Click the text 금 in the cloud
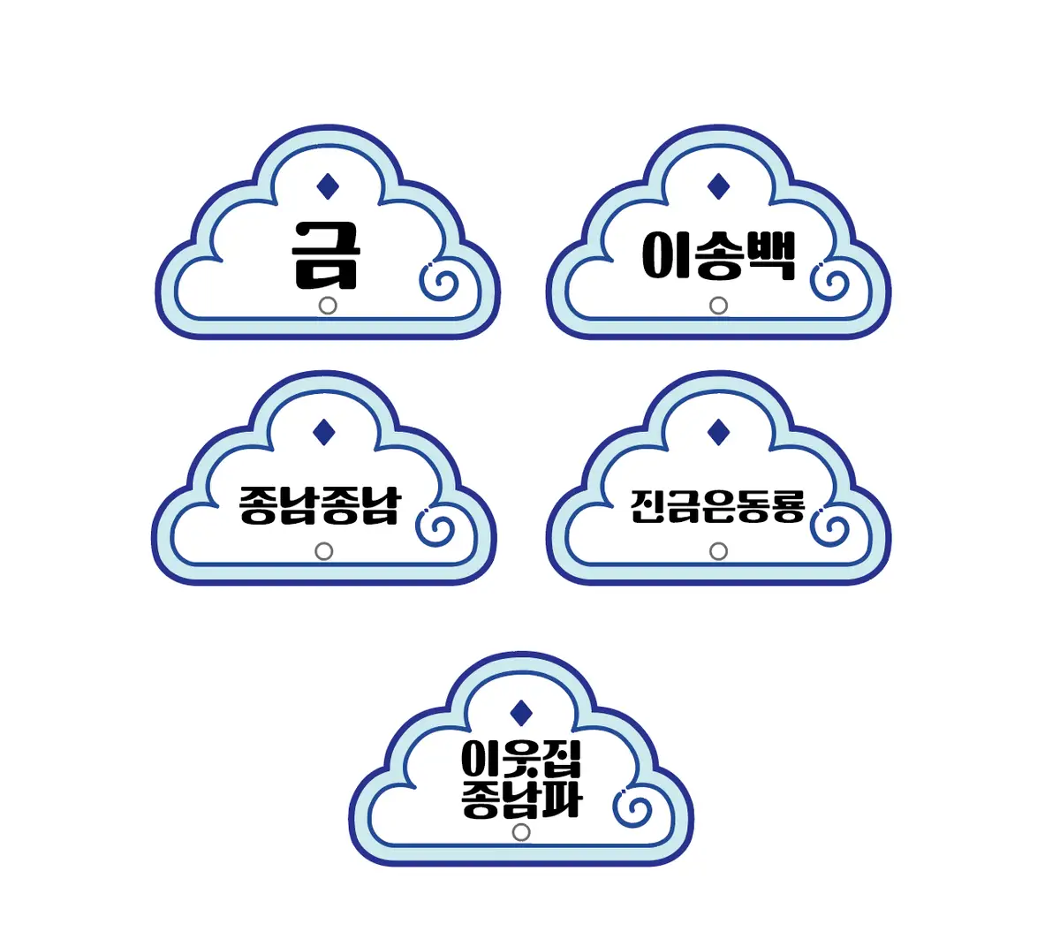[327, 255]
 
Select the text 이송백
[718, 256]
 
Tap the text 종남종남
[320, 505]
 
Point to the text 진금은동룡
[717, 505]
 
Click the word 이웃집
[521, 759]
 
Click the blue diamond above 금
[328, 186]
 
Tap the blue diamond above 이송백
[719, 186]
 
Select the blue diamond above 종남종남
[324, 432]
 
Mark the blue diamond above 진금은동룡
[719, 432]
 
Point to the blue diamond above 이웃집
[521, 713]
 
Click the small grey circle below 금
[327, 306]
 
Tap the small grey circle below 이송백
[719, 306]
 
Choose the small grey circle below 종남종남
[324, 551]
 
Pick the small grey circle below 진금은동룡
[719, 551]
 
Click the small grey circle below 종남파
[521, 832]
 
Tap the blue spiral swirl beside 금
[438, 283]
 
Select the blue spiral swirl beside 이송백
[830, 283]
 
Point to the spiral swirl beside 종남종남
[435, 528]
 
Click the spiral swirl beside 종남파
[633, 809]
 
